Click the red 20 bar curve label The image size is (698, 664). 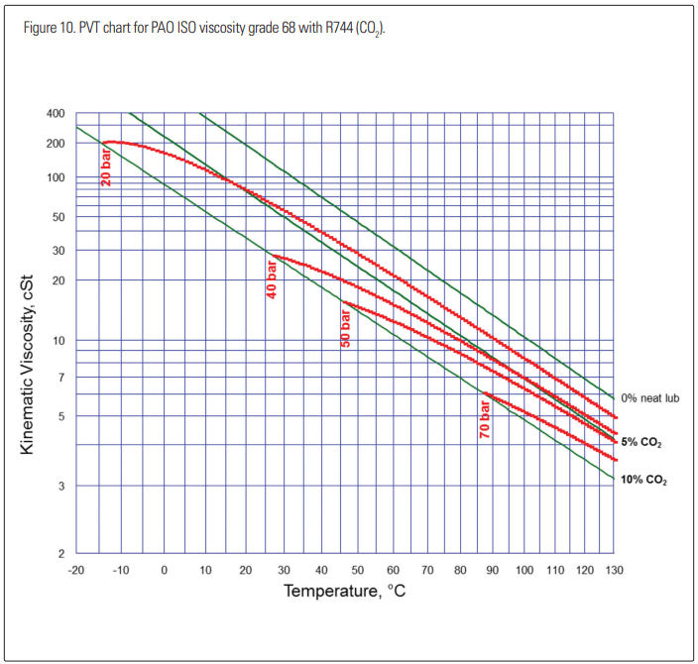pos(106,166)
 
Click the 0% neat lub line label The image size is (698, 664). pos(649,397)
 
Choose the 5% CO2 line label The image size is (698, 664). pos(641,441)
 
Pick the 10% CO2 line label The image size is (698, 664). pos(643,480)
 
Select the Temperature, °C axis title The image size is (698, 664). pos(345,592)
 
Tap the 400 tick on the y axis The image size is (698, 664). pos(56,114)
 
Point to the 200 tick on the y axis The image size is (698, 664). pos(56,144)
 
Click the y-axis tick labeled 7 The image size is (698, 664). pos(60,378)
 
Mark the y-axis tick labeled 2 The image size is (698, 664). pos(60,553)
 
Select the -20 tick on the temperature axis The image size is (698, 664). pos(75,570)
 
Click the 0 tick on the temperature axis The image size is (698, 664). pos(164,570)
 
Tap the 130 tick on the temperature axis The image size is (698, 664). pos(615,570)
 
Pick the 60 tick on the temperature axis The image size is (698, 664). pos(393,570)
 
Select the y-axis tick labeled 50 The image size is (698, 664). pos(58,217)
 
